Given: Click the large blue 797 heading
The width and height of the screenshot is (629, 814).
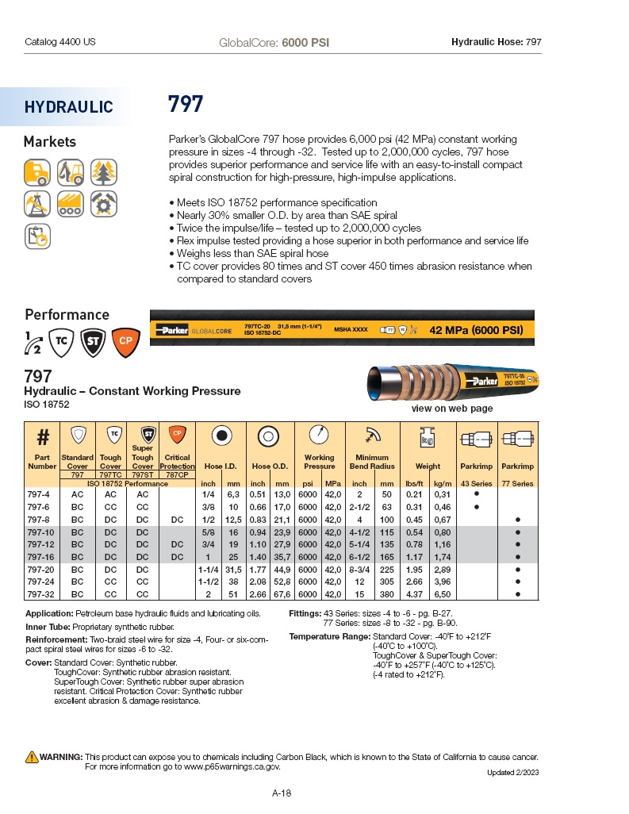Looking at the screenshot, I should [x=186, y=104].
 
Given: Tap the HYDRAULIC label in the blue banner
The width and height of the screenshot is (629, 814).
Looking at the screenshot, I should [x=68, y=107].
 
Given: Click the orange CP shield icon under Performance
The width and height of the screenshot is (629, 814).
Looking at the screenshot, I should [x=125, y=341].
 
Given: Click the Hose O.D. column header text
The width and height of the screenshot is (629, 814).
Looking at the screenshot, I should [x=270, y=467].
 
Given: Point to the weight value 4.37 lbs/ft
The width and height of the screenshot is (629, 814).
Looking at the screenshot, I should [x=414, y=593].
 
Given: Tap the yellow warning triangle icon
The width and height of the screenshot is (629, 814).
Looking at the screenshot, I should [x=32, y=756].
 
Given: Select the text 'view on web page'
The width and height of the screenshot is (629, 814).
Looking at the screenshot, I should [x=451, y=409].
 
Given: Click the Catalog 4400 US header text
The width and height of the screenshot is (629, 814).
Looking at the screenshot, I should [x=60, y=41].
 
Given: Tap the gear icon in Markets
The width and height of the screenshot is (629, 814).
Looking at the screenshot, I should [x=103, y=203].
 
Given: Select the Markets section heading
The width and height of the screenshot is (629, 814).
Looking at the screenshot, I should [x=50, y=142].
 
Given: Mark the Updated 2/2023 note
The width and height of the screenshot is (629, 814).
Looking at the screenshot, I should [x=512, y=773].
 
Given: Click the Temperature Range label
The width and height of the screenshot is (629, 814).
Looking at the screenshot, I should [x=329, y=637].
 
